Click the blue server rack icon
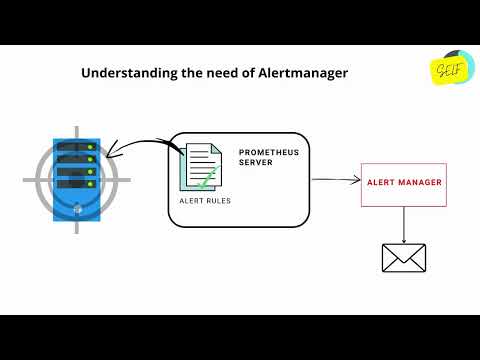click(x=73, y=178)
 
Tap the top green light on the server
click(x=90, y=148)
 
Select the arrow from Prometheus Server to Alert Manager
click(x=335, y=181)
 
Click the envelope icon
click(x=404, y=258)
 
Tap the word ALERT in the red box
click(x=382, y=183)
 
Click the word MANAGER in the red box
click(x=420, y=183)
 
